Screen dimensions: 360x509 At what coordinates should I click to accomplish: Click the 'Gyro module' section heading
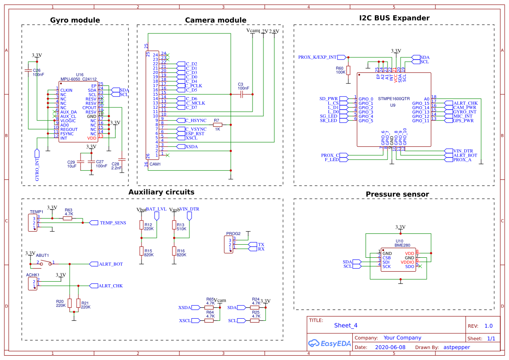click(x=75, y=20)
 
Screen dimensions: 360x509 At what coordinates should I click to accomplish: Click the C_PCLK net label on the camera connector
click(x=194, y=86)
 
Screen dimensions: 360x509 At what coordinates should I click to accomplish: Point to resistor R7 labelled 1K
click(x=217, y=125)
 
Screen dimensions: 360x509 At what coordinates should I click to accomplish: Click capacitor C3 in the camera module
click(x=241, y=94)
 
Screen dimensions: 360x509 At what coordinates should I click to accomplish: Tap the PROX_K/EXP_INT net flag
click(x=317, y=57)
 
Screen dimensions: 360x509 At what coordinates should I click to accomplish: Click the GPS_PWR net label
click(x=463, y=121)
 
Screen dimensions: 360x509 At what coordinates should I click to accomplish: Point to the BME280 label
click(x=399, y=246)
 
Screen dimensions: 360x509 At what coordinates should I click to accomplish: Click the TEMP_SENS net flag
click(x=113, y=223)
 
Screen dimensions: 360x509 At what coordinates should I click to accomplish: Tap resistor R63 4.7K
click(x=68, y=219)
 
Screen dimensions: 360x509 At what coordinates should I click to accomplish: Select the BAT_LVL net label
click(x=156, y=209)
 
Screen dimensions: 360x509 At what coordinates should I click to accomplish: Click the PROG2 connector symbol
click(x=229, y=245)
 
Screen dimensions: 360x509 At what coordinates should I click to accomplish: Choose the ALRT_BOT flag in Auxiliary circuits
click(x=111, y=264)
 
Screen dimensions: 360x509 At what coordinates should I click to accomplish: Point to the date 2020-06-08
click(x=390, y=347)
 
